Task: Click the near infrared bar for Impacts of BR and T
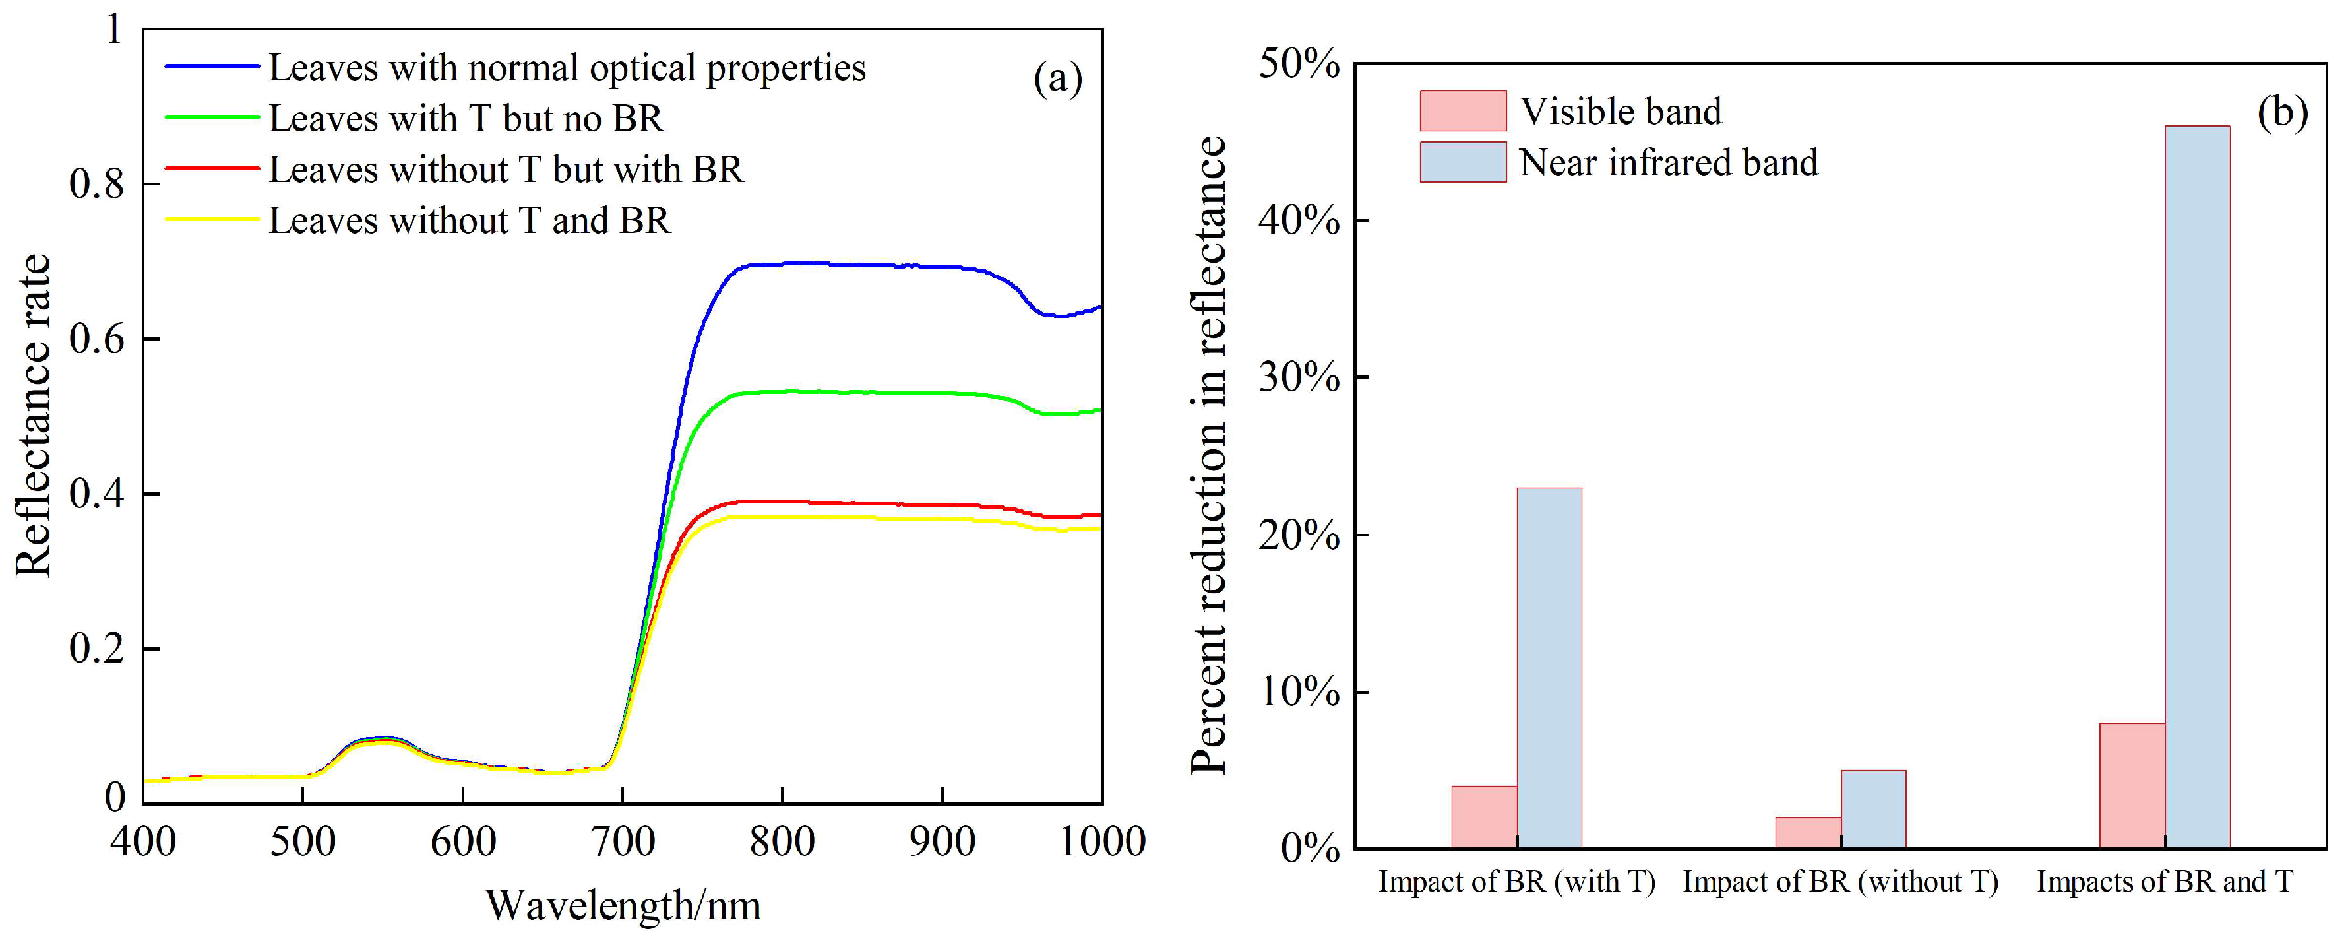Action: [x=2197, y=488]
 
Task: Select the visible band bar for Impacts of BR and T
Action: [x=2132, y=786]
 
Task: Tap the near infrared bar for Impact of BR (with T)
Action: [x=1549, y=668]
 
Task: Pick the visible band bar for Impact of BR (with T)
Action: [x=1484, y=817]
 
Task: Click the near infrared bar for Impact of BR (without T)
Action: [x=1873, y=810]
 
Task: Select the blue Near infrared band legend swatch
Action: [x=1462, y=162]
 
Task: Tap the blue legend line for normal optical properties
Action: [x=212, y=67]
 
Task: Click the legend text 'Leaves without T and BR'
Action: [x=470, y=220]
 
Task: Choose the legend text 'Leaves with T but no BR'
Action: [x=466, y=119]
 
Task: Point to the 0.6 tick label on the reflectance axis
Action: [x=96, y=339]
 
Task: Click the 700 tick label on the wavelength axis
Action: [x=623, y=841]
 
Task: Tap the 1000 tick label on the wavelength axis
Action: [x=1101, y=841]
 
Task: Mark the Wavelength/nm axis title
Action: [x=623, y=905]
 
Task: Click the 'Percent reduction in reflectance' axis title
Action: [x=1209, y=456]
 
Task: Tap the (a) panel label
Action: [x=1057, y=79]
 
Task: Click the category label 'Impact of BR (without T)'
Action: [x=1840, y=882]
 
